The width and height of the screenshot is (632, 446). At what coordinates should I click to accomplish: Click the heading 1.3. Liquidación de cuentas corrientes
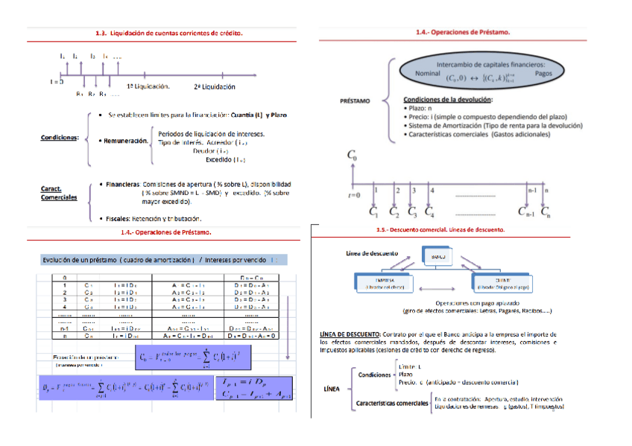(x=169, y=33)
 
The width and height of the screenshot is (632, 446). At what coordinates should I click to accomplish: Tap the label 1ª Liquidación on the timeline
(x=148, y=86)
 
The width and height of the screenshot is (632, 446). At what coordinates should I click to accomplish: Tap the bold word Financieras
(x=123, y=183)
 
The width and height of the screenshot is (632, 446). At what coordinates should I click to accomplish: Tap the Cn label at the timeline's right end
(x=546, y=212)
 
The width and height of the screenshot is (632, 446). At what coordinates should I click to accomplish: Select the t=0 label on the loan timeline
(x=353, y=194)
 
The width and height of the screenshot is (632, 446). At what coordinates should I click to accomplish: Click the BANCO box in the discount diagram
(x=437, y=257)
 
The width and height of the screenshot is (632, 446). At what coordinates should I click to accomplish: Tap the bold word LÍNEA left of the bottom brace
(x=332, y=389)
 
